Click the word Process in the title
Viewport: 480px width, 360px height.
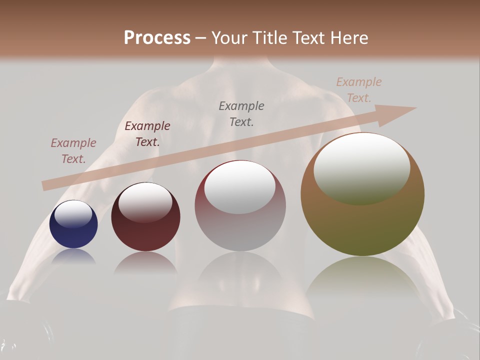(157, 38)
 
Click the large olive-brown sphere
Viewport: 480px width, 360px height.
(362, 225)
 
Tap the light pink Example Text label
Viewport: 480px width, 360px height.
(73, 151)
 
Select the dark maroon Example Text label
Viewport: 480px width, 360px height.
(147, 134)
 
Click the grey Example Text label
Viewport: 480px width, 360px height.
(241, 113)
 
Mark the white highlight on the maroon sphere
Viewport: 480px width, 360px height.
(145, 201)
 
